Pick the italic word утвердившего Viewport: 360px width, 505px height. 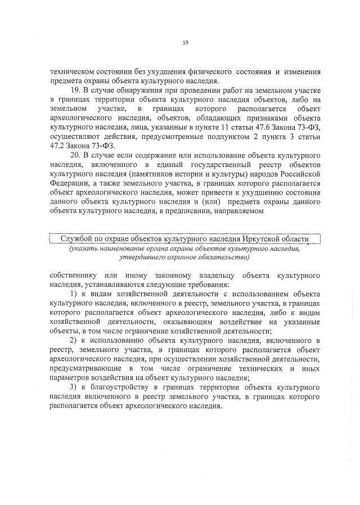143,257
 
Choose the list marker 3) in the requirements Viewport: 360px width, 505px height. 73,387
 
